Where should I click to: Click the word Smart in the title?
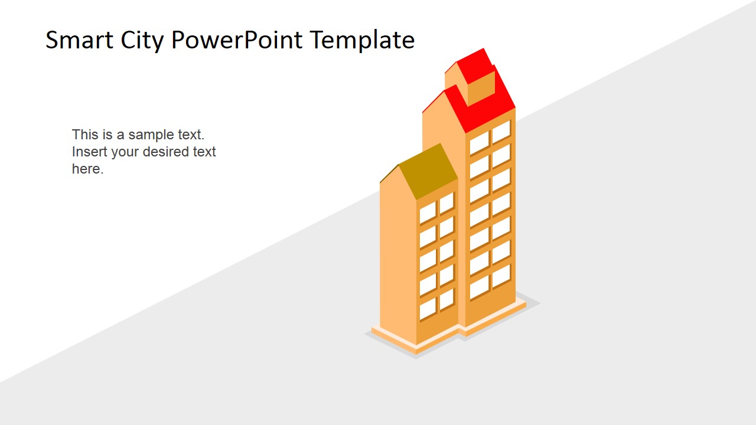(75, 40)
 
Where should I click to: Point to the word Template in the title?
(362, 40)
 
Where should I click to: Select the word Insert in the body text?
(89, 152)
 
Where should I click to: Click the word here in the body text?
(86, 169)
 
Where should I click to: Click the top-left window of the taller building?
(479, 143)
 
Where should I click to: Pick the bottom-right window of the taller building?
(501, 276)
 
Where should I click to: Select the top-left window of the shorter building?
(428, 212)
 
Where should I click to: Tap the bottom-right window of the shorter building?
(447, 299)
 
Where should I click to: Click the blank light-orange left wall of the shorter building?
(397, 260)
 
